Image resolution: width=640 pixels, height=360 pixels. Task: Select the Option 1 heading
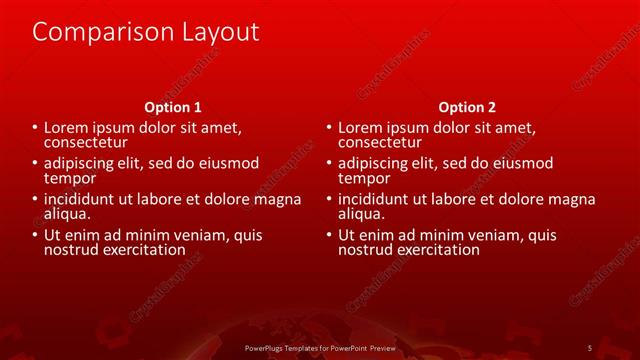coord(173,107)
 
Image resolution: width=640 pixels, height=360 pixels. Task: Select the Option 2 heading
coord(467,107)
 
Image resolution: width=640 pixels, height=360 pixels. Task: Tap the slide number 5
coord(590,347)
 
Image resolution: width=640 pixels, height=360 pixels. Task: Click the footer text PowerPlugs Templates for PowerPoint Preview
coord(320,347)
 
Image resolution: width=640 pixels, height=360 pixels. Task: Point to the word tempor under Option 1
coord(69,178)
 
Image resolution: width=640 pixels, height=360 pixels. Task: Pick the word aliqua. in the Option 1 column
coord(67,214)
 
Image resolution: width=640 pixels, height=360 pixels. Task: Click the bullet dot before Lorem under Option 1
coord(35,128)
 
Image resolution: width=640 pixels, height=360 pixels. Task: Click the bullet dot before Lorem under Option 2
coord(329,128)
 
